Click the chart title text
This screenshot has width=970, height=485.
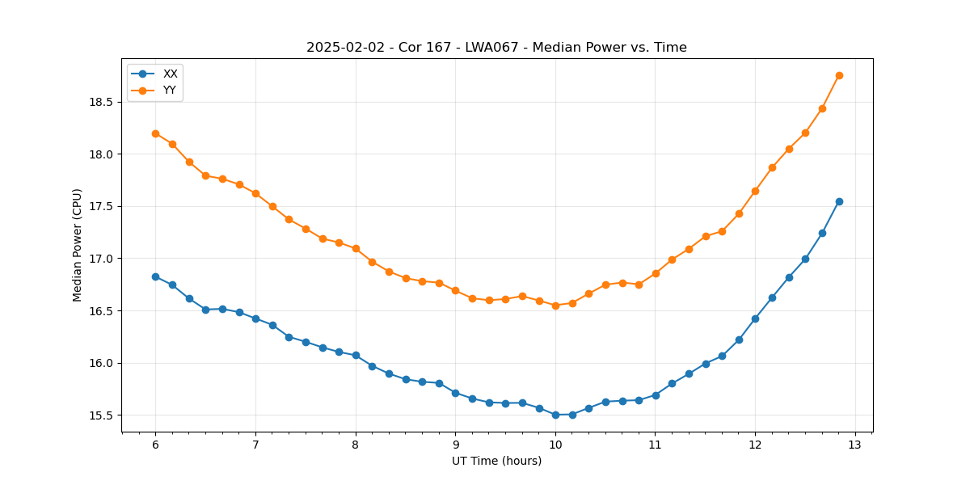[x=496, y=48]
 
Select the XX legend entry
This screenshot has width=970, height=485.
[x=170, y=74]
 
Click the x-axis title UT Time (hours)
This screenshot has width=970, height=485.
[x=496, y=461]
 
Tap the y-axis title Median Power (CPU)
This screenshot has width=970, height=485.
[x=78, y=245]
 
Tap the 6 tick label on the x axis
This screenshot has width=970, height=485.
[x=155, y=445]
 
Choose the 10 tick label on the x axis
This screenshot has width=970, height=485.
[x=555, y=445]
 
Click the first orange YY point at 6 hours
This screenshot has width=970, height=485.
[x=155, y=133]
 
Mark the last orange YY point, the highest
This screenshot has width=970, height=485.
[x=839, y=75]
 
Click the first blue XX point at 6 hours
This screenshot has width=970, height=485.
[x=155, y=276]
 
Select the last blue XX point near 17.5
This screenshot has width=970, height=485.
[x=839, y=201]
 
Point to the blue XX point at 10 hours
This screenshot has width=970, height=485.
[x=555, y=415]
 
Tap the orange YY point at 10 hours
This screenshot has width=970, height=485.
[x=555, y=306]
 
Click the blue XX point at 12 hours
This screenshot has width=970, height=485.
[x=755, y=318]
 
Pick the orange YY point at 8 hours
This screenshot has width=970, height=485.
[x=356, y=248]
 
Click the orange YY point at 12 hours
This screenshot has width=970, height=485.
[x=755, y=191]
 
